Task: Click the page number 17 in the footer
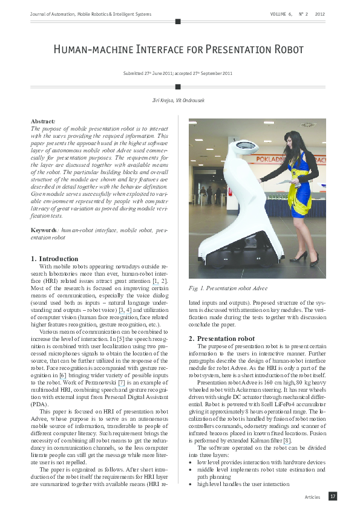332,496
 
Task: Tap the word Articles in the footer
313,497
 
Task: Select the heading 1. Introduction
54,259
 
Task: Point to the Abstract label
42,121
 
